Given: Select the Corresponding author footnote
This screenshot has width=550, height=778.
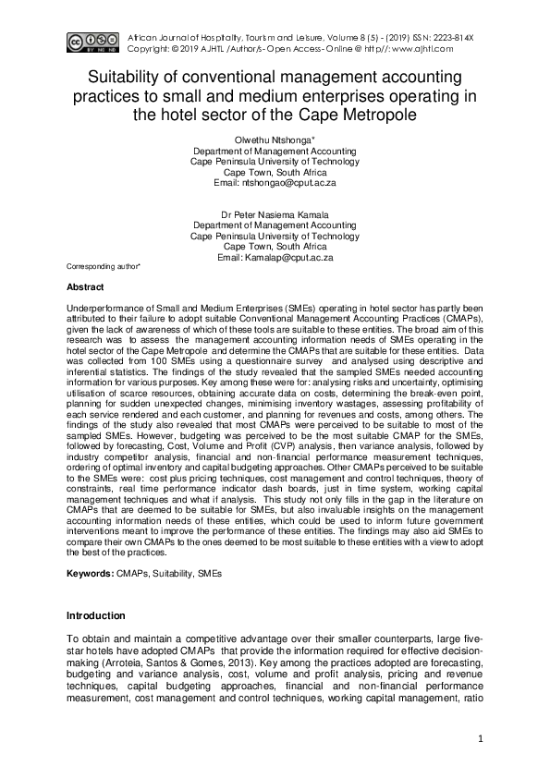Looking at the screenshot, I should coord(104,266).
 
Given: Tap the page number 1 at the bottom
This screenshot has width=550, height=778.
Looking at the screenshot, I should coord(481,738).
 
